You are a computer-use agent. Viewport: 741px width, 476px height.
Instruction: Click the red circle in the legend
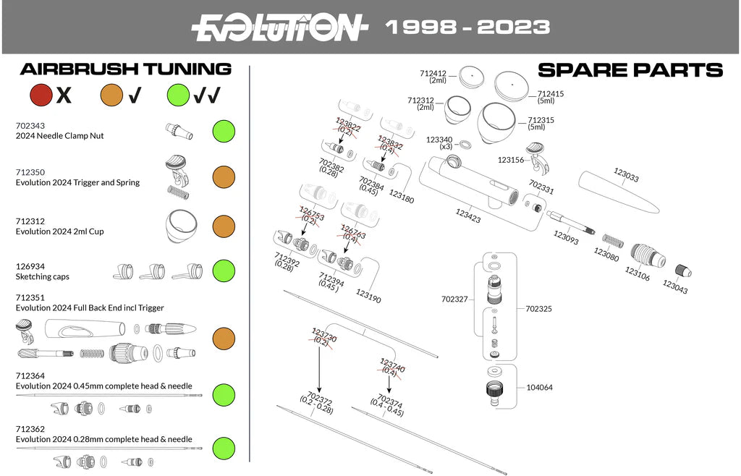(41, 94)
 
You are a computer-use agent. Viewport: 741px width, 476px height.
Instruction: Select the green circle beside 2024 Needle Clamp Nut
(224, 131)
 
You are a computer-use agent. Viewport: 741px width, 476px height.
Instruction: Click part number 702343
(30, 125)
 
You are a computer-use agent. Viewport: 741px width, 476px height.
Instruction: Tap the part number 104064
(539, 388)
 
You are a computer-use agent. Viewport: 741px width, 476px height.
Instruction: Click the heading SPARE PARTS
(630, 69)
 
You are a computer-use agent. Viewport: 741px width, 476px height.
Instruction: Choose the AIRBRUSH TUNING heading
(126, 69)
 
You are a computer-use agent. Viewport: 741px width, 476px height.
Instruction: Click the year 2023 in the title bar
(515, 27)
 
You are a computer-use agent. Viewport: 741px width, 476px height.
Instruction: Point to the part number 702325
(539, 308)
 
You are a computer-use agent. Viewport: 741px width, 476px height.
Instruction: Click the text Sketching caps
(43, 276)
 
